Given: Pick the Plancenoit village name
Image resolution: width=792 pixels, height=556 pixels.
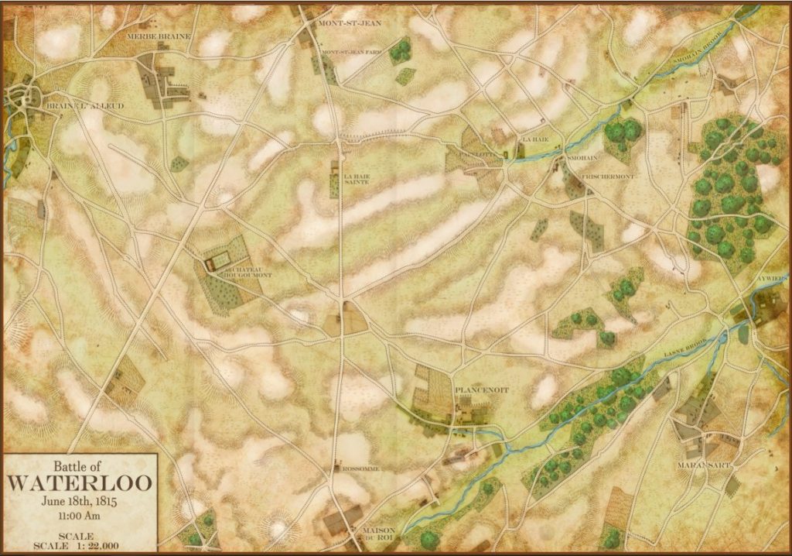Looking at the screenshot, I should (481, 390).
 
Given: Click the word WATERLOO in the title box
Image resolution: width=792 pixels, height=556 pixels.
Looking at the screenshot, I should (80, 482).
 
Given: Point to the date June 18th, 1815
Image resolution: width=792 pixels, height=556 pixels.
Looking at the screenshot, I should (80, 499).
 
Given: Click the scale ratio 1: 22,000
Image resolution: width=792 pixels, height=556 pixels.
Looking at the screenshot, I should (91, 547).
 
